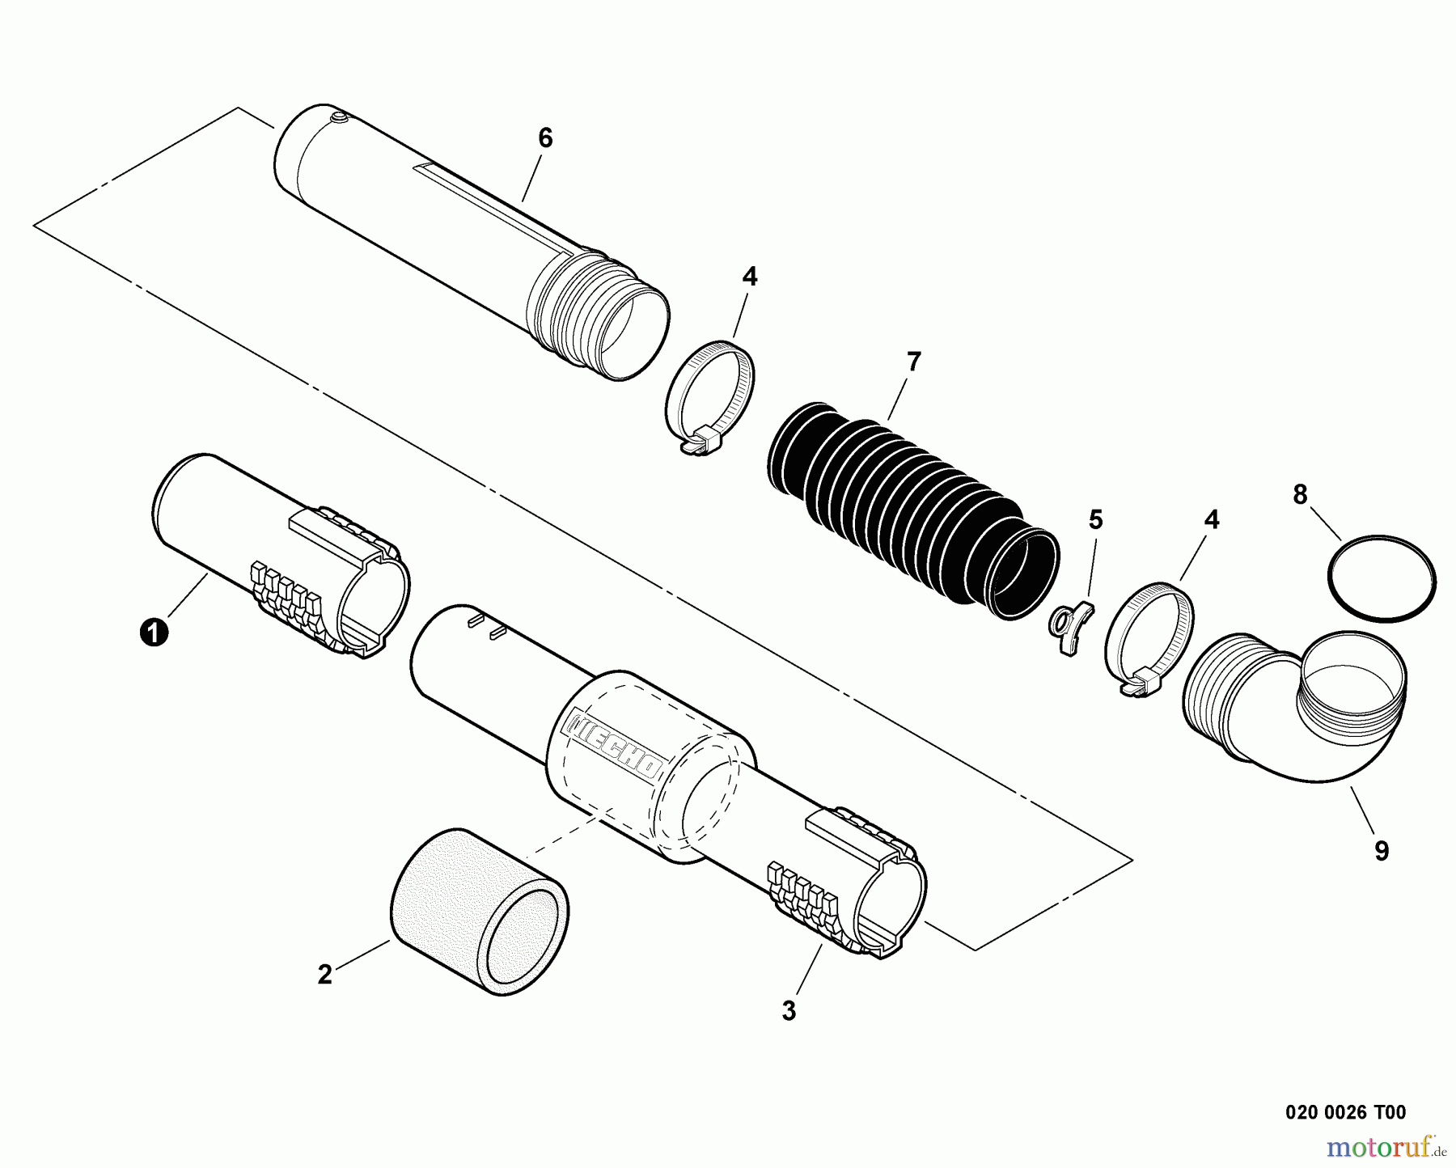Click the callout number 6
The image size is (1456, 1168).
pyautogui.click(x=545, y=139)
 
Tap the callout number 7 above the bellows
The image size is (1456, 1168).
pyautogui.click(x=913, y=362)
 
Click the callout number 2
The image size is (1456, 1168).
pyautogui.click(x=324, y=975)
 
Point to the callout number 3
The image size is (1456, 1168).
pyautogui.click(x=789, y=1010)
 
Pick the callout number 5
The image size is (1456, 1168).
pyautogui.click(x=1095, y=520)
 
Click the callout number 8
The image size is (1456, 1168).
pyautogui.click(x=1300, y=495)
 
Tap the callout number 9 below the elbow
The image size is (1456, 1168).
pyautogui.click(x=1382, y=850)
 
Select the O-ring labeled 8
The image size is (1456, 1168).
pyautogui.click(x=1382, y=582)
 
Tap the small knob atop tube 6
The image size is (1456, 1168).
pyautogui.click(x=338, y=119)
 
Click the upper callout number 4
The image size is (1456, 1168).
pyautogui.click(x=749, y=277)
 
